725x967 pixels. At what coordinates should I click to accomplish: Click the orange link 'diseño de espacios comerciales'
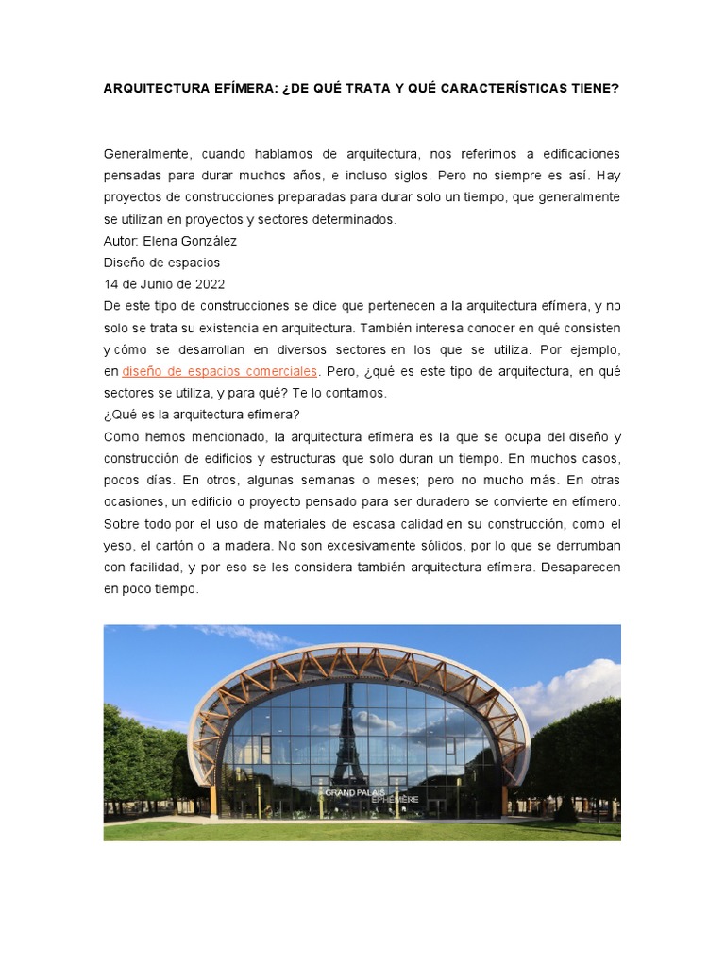[x=220, y=371]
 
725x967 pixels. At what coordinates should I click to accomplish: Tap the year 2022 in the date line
[x=210, y=284]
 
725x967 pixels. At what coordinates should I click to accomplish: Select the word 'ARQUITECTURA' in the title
[x=155, y=88]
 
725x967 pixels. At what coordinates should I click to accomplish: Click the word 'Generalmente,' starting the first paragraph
[x=144, y=154]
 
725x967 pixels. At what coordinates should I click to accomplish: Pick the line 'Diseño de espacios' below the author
[x=161, y=263]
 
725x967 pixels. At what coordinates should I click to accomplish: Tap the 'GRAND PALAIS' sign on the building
[x=355, y=792]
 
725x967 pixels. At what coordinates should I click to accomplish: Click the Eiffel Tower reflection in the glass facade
[x=347, y=727]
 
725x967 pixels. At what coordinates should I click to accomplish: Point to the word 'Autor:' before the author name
[x=121, y=241]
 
